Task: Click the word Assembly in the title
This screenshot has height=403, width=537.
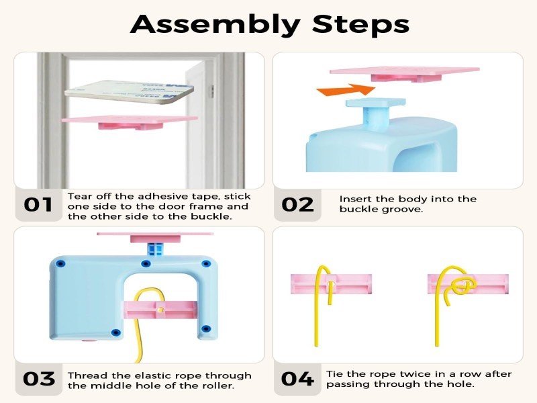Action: (x=215, y=25)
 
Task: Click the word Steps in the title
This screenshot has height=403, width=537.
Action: (x=360, y=25)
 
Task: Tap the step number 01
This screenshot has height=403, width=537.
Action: (x=38, y=205)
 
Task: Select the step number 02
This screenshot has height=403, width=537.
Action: (x=297, y=205)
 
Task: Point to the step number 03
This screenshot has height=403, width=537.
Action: (x=39, y=379)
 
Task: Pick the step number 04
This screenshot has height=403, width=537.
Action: (x=297, y=379)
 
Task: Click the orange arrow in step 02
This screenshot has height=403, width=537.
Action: (x=346, y=90)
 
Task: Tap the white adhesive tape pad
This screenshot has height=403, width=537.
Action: (x=129, y=91)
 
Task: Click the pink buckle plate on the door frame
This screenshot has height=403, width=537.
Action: (x=130, y=122)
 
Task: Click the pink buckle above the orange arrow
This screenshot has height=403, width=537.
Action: (x=405, y=75)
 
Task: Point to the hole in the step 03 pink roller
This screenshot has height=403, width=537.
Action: (x=160, y=310)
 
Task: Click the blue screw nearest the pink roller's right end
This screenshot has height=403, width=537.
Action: (x=205, y=329)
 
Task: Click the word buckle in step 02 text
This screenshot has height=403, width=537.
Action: (x=357, y=209)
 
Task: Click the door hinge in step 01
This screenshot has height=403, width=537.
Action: (x=212, y=91)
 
